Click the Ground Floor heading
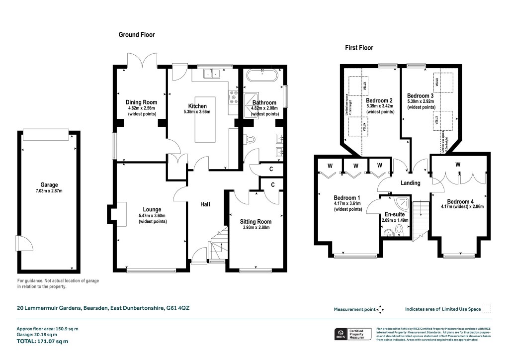click(137, 35)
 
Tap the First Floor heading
click(359, 48)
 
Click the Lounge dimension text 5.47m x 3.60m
click(153, 215)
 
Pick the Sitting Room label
click(255, 222)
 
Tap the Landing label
click(411, 183)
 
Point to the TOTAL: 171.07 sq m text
click(43, 342)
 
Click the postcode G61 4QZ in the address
click(178, 308)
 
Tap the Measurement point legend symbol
click(380, 309)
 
